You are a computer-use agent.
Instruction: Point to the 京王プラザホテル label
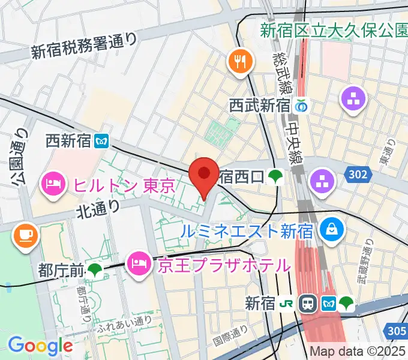coord(223,265)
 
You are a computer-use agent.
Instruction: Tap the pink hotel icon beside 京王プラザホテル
coord(139,263)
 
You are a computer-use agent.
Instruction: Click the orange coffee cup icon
coord(25,234)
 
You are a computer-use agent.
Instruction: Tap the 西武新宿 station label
coord(260,106)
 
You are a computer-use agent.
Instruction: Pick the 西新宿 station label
coord(68,141)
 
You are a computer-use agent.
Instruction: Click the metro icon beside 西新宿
coord(100,141)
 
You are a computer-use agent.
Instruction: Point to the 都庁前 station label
coord(61,270)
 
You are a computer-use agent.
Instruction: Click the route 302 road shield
coord(358,174)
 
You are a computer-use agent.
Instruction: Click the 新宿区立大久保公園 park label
coord(334,29)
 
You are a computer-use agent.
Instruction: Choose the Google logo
coord(40,345)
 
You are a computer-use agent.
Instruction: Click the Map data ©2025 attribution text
coord(358,352)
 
